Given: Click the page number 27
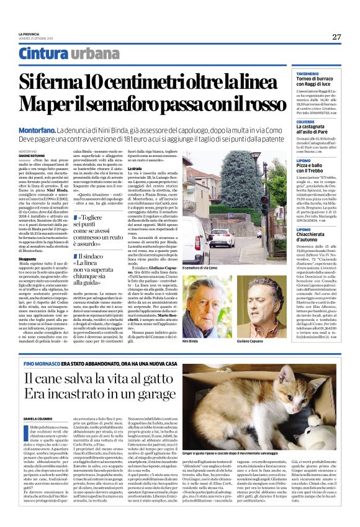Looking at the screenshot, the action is pos(336,37).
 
